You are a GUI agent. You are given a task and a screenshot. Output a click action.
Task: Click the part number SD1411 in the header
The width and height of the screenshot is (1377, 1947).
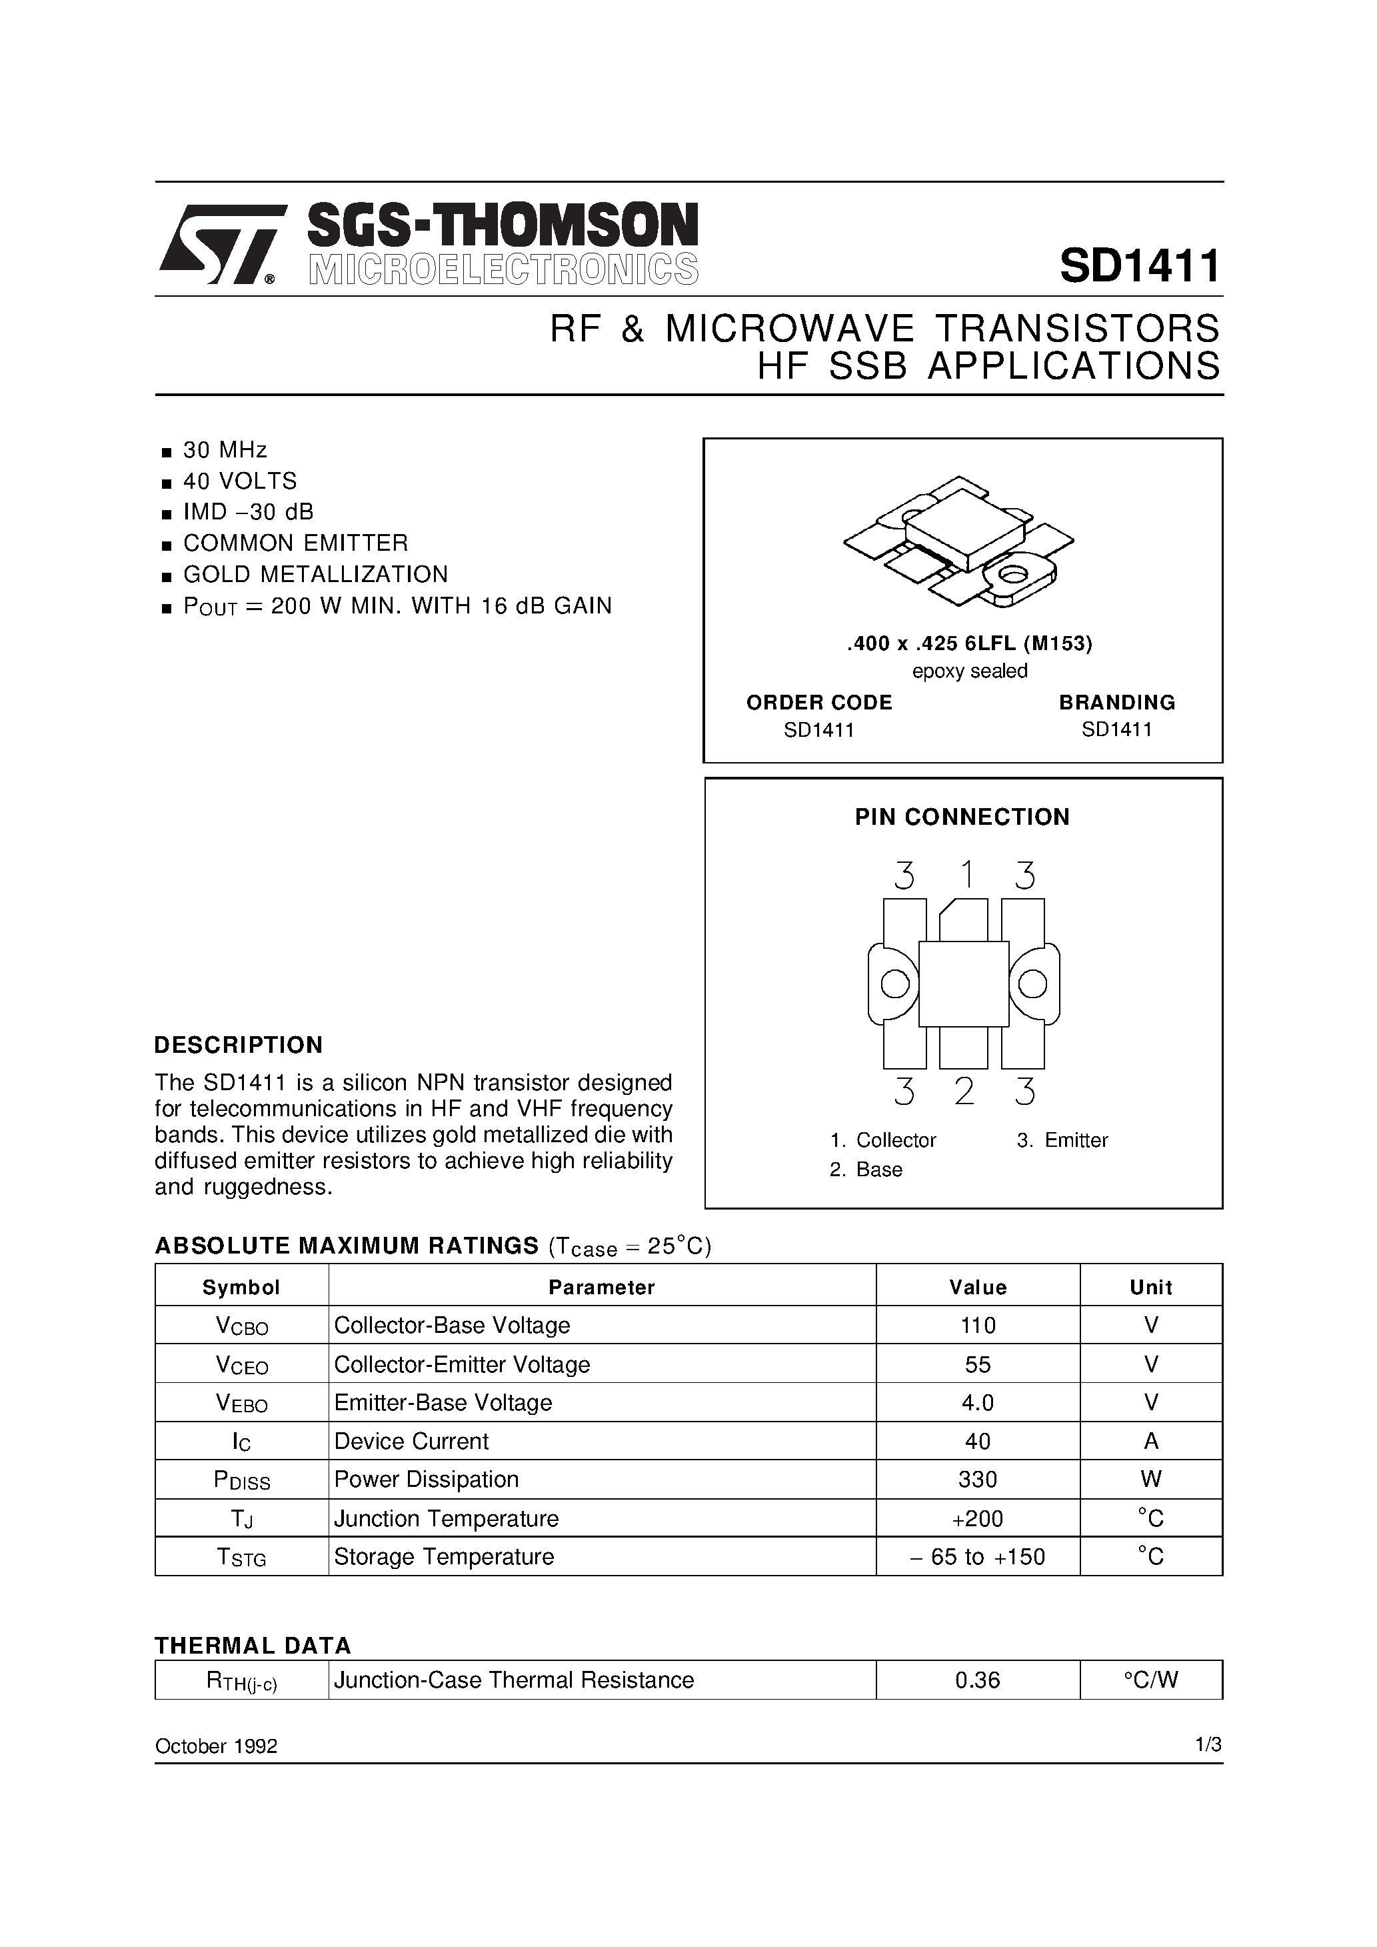coord(1139,266)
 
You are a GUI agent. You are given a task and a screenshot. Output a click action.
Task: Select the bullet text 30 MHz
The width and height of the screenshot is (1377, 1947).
coord(225,449)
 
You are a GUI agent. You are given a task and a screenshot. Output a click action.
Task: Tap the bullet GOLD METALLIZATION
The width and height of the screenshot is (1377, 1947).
coord(315,574)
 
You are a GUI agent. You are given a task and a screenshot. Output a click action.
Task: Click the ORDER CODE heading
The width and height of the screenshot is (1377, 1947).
coord(818,702)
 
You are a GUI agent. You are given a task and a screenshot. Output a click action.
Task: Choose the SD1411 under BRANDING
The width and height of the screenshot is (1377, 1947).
coord(1116,729)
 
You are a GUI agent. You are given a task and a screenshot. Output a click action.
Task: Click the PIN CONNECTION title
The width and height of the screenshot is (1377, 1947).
coord(962,817)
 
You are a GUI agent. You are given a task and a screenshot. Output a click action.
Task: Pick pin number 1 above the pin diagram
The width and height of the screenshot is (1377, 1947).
coord(966,874)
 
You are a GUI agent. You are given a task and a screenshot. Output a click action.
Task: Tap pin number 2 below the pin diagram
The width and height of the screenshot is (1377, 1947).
coord(964,1092)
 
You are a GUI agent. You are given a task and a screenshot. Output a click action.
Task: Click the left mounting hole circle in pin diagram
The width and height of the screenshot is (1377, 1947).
coord(894,984)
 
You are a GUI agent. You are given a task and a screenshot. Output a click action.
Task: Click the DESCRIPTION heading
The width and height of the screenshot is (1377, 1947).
coord(238,1045)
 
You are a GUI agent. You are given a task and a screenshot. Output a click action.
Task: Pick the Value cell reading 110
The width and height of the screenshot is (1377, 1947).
coord(978,1325)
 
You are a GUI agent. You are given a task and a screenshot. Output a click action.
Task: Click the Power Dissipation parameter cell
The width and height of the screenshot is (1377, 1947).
coord(426,1479)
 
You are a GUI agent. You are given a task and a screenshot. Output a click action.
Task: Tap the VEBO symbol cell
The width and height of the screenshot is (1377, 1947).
coord(242,1403)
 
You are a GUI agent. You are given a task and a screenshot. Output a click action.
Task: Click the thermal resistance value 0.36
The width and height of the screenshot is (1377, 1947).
coord(977,1680)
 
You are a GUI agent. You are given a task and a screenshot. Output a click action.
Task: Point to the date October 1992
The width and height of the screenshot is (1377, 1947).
coord(215,1746)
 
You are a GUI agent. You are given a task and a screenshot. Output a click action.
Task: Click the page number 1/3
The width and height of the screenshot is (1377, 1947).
coord(1208,1744)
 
